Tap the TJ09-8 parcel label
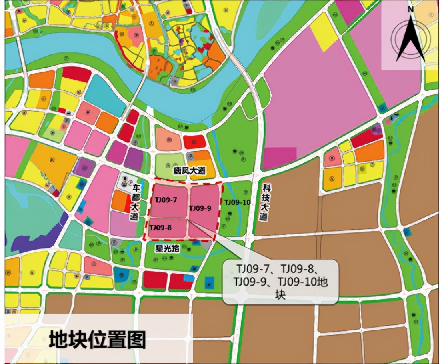click(160, 228)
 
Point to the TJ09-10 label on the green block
click(237, 202)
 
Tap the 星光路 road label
click(168, 248)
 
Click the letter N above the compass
click(410, 9)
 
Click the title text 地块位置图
click(97, 340)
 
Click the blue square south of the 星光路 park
click(209, 283)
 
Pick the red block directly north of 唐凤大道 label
click(194, 142)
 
